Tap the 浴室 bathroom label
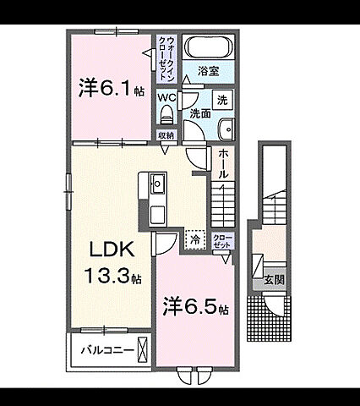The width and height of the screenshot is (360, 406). (x=209, y=72)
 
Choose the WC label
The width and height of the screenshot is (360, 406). (x=166, y=96)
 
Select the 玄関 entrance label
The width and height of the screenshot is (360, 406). (x=272, y=278)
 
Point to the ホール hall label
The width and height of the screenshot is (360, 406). (x=221, y=163)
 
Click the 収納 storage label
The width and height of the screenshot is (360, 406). (x=166, y=135)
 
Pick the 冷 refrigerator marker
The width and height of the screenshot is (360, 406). (x=194, y=239)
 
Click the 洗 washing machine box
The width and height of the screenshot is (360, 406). (x=222, y=100)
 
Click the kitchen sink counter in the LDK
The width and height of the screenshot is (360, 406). (x=158, y=198)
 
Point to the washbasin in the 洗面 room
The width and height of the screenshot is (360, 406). (x=226, y=128)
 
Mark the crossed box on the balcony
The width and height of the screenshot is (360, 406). (x=145, y=349)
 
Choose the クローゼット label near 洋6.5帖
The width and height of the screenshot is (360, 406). (x=223, y=240)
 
